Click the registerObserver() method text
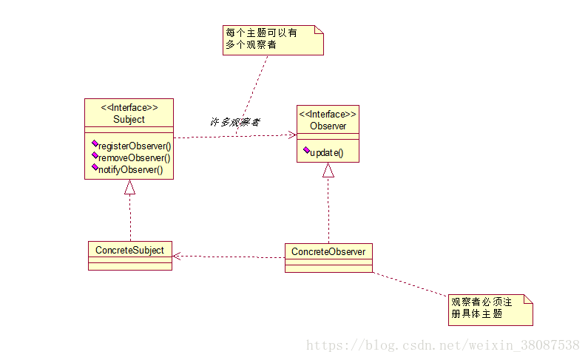click(x=134, y=146)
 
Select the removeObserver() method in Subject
click(x=134, y=157)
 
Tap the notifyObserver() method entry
click(x=130, y=169)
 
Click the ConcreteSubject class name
click(x=129, y=250)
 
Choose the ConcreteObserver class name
click(x=328, y=251)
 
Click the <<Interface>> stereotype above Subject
click(x=129, y=108)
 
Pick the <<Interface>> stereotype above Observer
click(x=328, y=115)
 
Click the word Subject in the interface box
click(x=129, y=119)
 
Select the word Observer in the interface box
click(x=328, y=126)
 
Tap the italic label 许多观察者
click(x=234, y=122)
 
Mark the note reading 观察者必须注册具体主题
click(x=490, y=308)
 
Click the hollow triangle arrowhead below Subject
click(x=129, y=187)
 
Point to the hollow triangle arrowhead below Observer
click(x=328, y=170)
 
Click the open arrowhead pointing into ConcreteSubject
click(x=177, y=256)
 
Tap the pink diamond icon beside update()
click(x=306, y=150)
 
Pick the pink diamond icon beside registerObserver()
click(x=95, y=143)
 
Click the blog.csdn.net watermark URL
click(x=442, y=345)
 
